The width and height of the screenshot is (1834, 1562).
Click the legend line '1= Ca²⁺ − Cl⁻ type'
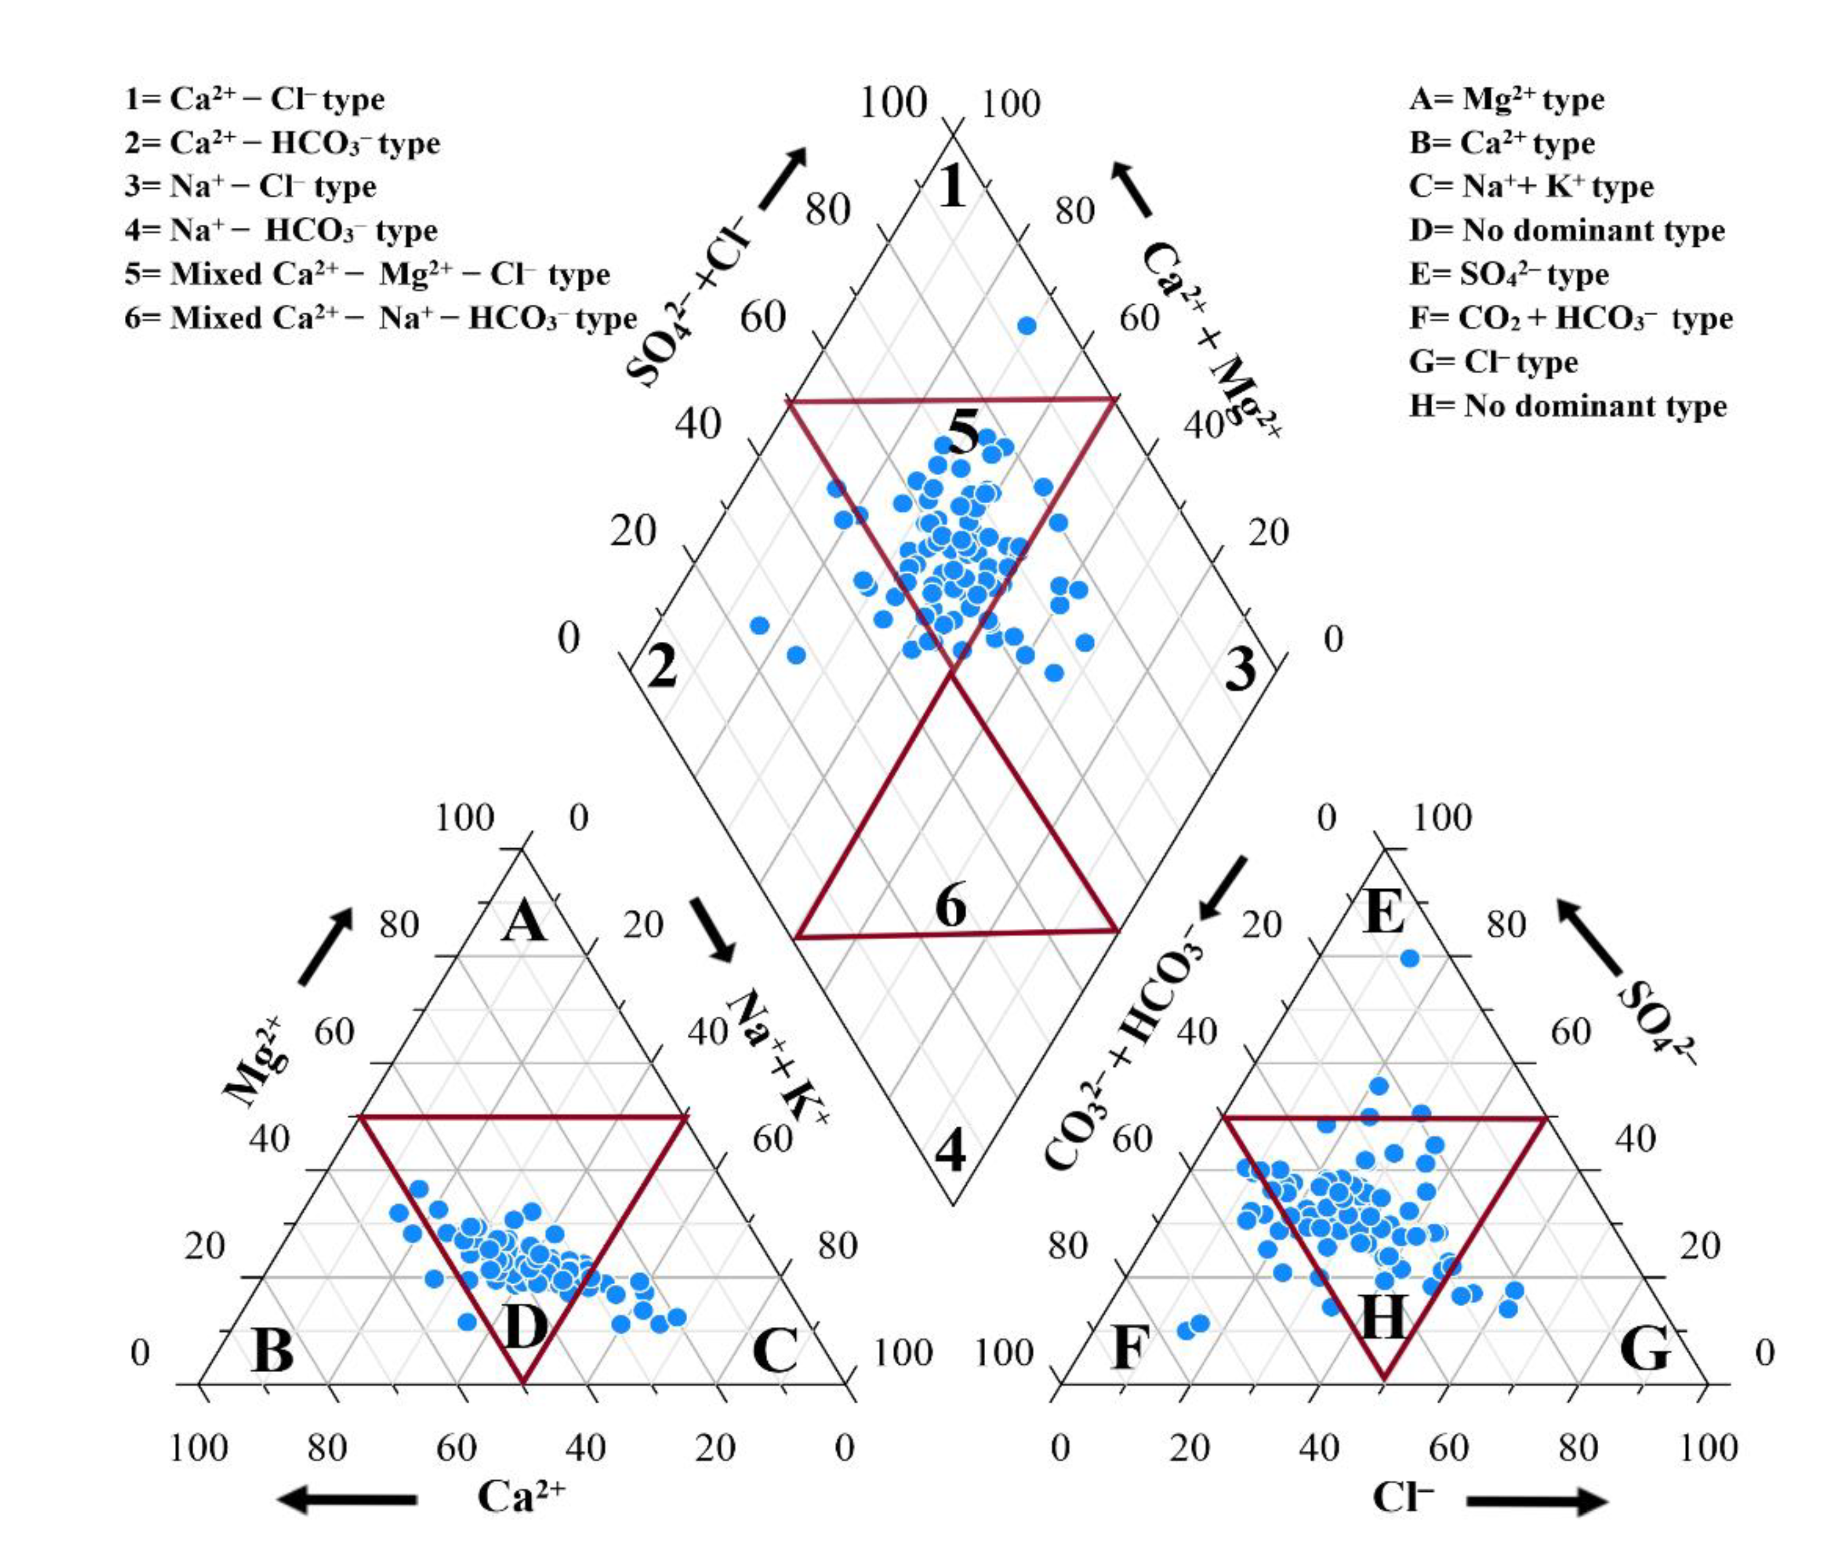254,99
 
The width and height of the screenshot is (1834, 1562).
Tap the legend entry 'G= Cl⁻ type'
1493,362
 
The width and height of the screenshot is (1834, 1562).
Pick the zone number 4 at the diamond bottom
952,1150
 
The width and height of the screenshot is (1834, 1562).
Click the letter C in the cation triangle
775,1350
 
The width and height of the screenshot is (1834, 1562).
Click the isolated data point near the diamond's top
1027,326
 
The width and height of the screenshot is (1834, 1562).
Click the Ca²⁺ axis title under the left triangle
520,1496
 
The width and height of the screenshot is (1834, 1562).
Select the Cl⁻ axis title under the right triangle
1403,1496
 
